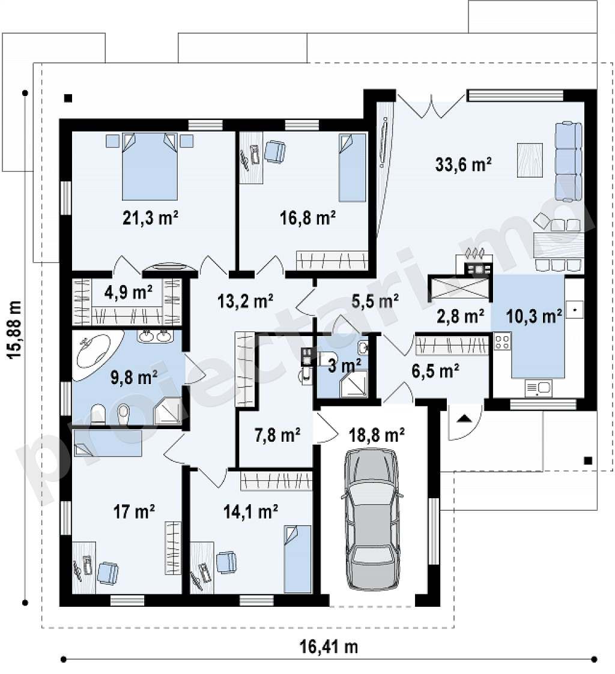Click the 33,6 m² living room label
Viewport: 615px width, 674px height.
(463, 164)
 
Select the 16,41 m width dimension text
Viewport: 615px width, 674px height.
(329, 646)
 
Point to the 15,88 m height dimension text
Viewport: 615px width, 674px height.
(14, 329)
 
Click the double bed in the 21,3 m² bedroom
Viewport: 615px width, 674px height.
(150, 166)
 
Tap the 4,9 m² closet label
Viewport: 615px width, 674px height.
(128, 292)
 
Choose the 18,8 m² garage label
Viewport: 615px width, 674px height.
(377, 435)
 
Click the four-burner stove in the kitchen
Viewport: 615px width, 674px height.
(502, 342)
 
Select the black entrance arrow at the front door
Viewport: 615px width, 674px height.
(463, 418)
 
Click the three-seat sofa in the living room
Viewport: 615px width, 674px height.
(569, 161)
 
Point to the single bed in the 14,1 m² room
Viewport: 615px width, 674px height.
(298, 559)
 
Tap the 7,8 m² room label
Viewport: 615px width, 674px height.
(277, 435)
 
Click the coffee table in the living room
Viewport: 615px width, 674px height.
(529, 160)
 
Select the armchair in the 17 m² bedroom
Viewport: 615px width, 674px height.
(108, 573)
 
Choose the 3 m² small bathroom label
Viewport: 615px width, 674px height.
(345, 366)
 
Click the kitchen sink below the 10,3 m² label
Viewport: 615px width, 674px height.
(538, 388)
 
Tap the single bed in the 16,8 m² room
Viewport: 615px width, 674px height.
(352, 167)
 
